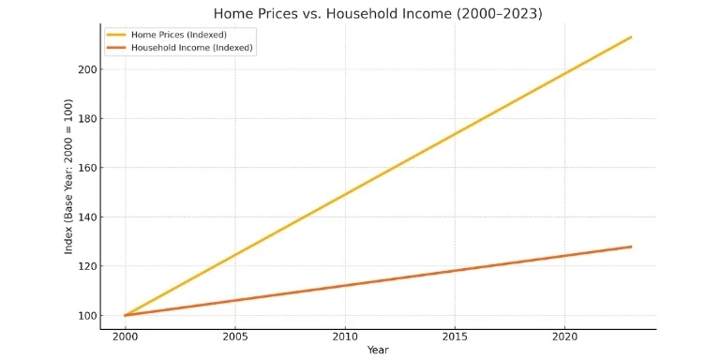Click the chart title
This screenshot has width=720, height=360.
(378, 13)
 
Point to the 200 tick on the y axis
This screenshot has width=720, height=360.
(87, 69)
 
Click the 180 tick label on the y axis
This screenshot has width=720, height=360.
(87, 119)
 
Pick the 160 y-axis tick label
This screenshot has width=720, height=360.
(87, 168)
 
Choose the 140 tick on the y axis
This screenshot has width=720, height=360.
(87, 217)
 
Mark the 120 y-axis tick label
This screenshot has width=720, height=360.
(87, 266)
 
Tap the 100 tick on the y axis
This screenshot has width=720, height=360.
(87, 316)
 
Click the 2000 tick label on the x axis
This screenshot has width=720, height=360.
(125, 336)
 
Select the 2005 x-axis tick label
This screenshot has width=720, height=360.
(234, 336)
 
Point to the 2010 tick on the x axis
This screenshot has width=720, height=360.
(345, 336)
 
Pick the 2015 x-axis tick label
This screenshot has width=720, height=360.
(455, 336)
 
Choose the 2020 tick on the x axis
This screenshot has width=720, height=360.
(565, 336)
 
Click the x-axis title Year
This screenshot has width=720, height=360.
(378, 350)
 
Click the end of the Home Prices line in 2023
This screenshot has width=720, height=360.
(631, 37)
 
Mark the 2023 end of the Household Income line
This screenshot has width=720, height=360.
(631, 247)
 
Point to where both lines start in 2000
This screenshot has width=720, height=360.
(125, 315)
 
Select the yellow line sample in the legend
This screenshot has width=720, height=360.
(116, 35)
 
